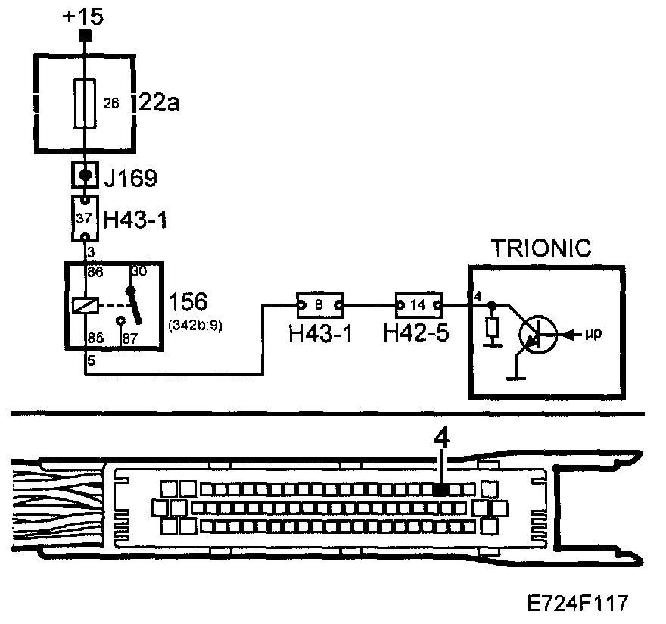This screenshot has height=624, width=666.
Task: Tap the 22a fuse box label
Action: click(159, 102)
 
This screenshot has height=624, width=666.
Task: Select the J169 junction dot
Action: click(86, 176)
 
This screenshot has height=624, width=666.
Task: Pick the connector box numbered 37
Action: click(86, 218)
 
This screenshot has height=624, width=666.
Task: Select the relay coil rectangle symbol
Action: click(85, 306)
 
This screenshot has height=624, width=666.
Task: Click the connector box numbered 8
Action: click(319, 304)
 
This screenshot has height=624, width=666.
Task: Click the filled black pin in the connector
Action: click(440, 489)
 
